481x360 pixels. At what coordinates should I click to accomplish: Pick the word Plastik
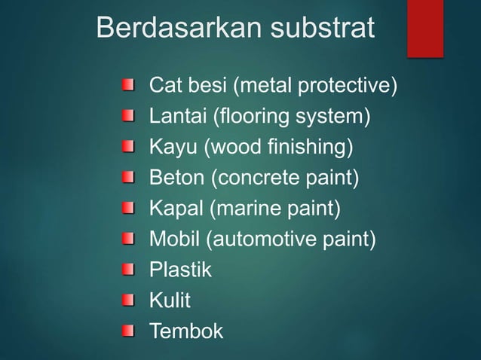click(181, 270)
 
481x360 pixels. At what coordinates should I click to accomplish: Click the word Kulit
click(170, 301)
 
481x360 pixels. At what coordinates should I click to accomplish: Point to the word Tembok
click(186, 331)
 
